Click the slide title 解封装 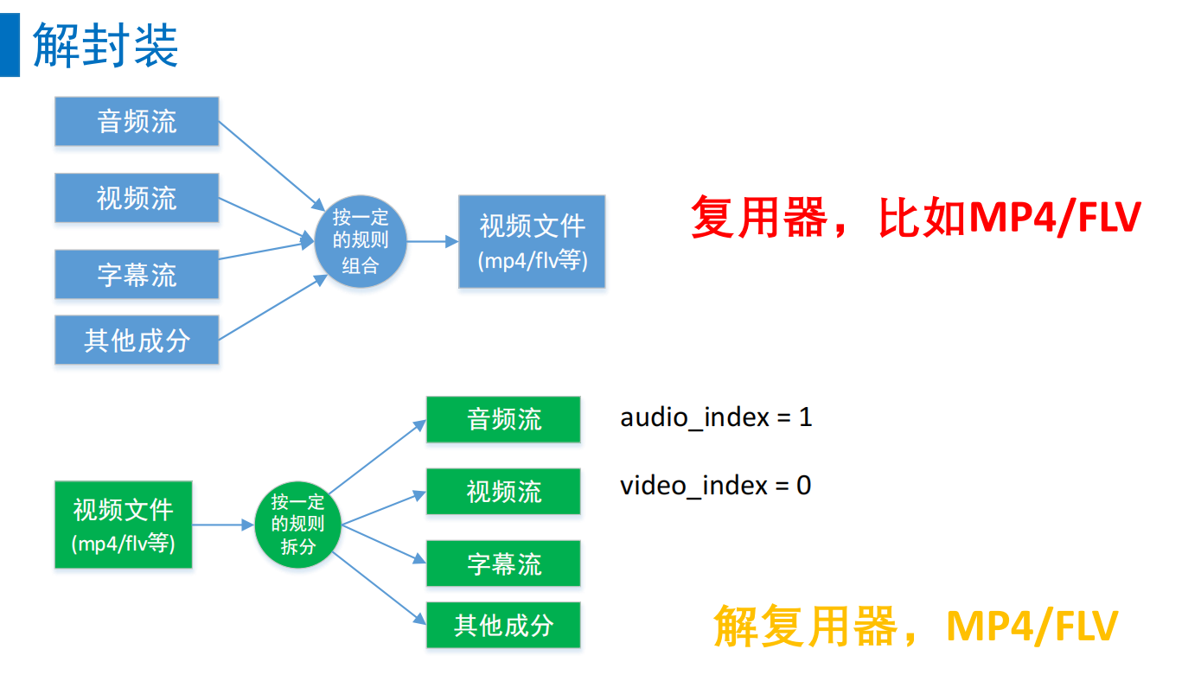pyautogui.click(x=105, y=45)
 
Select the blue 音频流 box pyautogui.click(x=137, y=121)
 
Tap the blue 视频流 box pyautogui.click(x=137, y=198)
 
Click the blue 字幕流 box pyautogui.click(x=137, y=274)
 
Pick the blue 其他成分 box pyautogui.click(x=137, y=340)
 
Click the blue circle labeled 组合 pyautogui.click(x=360, y=241)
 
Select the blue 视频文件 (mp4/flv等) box pyautogui.click(x=532, y=241)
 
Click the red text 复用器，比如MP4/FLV pyautogui.click(x=916, y=217)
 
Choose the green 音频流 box pyautogui.click(x=503, y=419)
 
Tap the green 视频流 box pyautogui.click(x=503, y=492)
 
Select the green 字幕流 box pyautogui.click(x=503, y=563)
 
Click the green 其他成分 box pyautogui.click(x=503, y=625)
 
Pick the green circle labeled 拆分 pyautogui.click(x=298, y=525)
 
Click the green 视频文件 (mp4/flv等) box pyautogui.click(x=124, y=525)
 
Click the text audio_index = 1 pyautogui.click(x=716, y=417)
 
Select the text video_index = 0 pyautogui.click(x=715, y=486)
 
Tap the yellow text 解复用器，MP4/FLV pyautogui.click(x=916, y=626)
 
